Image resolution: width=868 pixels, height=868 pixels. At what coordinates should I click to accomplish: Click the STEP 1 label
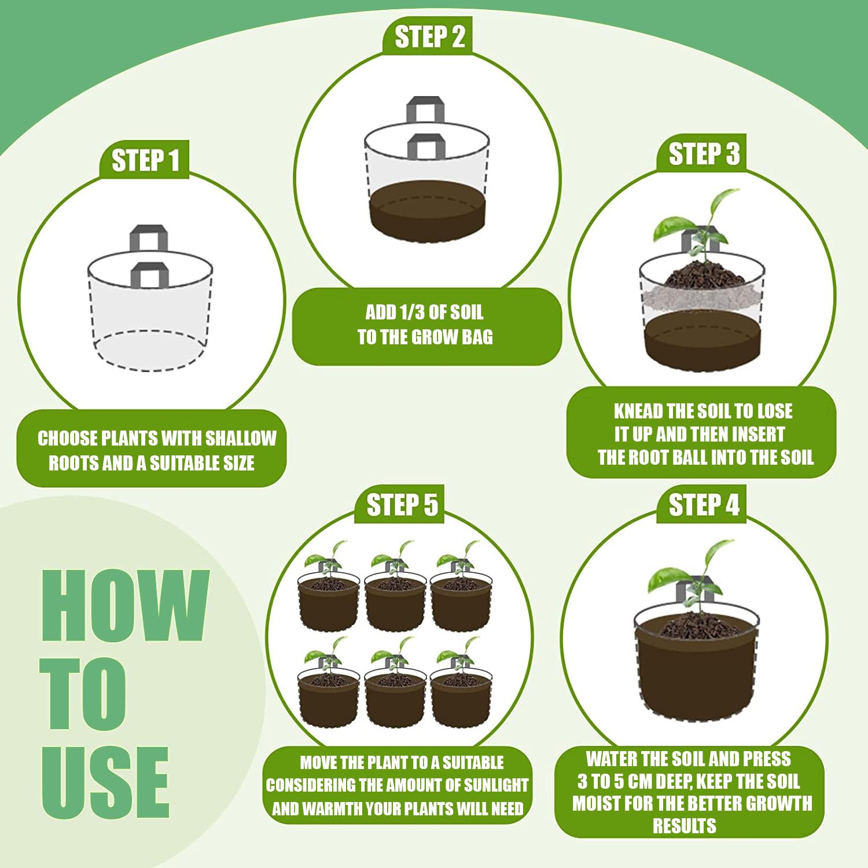click(x=145, y=160)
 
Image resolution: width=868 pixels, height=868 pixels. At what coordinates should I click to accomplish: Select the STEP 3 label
click(x=704, y=154)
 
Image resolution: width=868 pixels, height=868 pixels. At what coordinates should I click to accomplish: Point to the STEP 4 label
click(x=704, y=505)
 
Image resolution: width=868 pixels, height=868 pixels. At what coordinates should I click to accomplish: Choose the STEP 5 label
click(x=402, y=505)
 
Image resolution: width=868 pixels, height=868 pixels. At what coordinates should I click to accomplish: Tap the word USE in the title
click(x=105, y=782)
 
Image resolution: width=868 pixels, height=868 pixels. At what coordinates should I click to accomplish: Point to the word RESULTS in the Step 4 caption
click(x=685, y=826)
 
